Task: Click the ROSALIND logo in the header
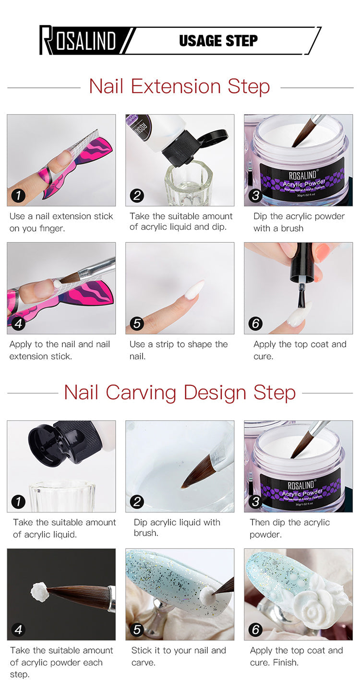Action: point(78,40)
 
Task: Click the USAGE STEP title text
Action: point(218,41)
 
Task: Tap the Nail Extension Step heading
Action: point(180,86)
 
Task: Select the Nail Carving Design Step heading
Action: point(180,393)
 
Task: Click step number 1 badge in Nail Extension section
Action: point(18,195)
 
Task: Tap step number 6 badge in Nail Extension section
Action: point(255,323)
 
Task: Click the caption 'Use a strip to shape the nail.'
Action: point(179,350)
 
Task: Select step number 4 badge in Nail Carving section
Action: point(18,630)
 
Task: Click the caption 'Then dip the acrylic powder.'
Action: point(289,528)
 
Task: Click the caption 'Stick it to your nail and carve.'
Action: point(179,656)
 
